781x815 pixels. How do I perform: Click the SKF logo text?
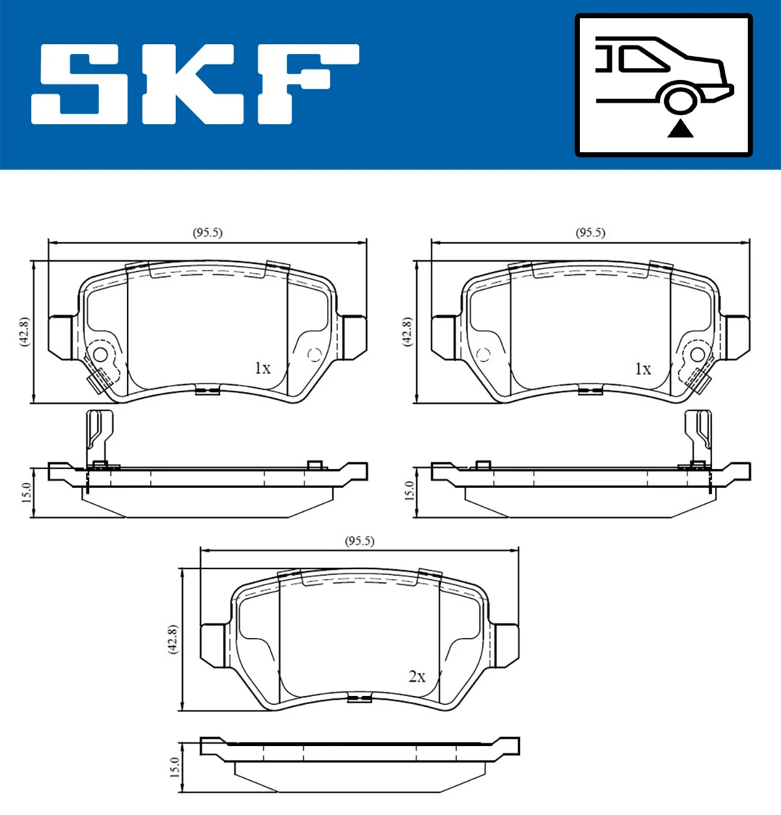pyautogui.click(x=195, y=84)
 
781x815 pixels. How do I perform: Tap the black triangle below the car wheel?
pyautogui.click(x=680, y=129)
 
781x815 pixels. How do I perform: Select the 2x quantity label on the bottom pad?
pyautogui.click(x=417, y=676)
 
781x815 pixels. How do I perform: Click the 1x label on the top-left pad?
pyautogui.click(x=262, y=368)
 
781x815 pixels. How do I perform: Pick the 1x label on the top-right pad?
pyautogui.click(x=643, y=369)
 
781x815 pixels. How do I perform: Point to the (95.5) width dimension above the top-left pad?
pyautogui.click(x=208, y=232)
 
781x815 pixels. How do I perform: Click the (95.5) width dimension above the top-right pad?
pyautogui.click(x=590, y=232)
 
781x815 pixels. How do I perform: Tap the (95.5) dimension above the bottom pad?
pyautogui.click(x=359, y=541)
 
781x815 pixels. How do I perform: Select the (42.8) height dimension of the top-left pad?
pyautogui.click(x=24, y=332)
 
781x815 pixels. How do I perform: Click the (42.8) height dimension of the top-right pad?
pyautogui.click(x=407, y=332)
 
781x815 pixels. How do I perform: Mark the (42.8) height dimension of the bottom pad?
pyautogui.click(x=172, y=639)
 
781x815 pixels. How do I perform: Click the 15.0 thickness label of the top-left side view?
pyautogui.click(x=27, y=492)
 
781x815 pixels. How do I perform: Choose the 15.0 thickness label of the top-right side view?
pyautogui.click(x=409, y=490)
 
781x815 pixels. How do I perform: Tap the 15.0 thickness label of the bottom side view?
pyautogui.click(x=174, y=767)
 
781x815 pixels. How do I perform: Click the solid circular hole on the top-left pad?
pyautogui.click(x=100, y=354)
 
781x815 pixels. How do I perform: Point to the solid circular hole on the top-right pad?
pyautogui.click(x=697, y=354)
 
